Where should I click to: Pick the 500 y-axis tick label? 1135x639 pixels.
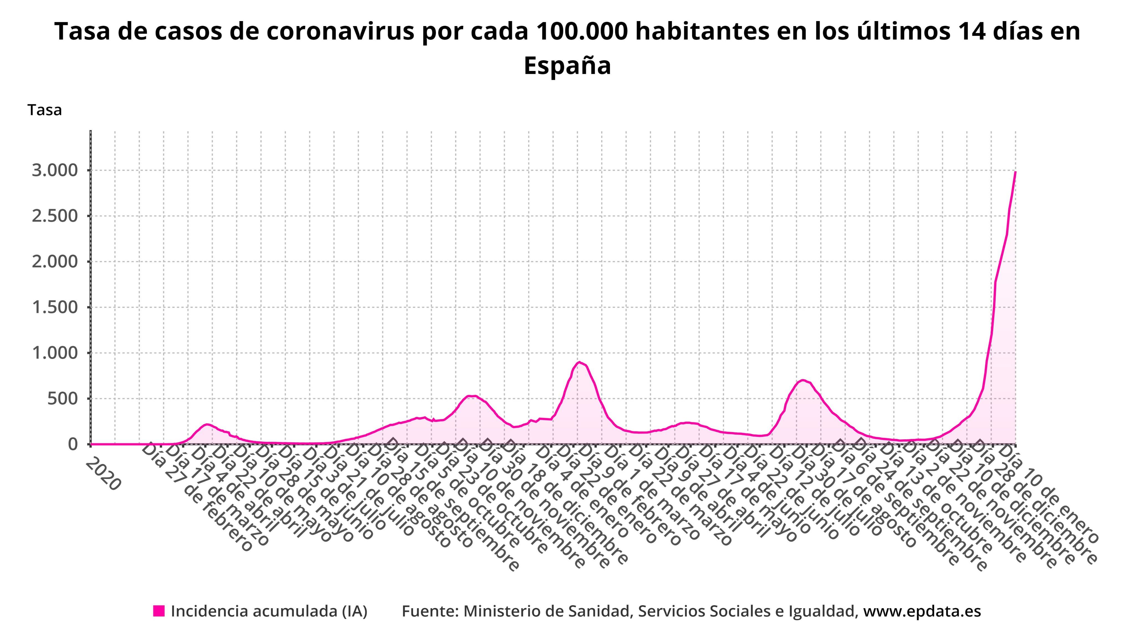pos(64,399)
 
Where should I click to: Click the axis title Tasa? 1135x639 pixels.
pos(45,110)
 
